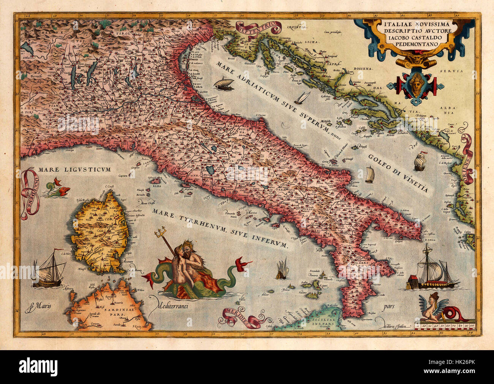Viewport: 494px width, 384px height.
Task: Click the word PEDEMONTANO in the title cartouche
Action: pos(414,44)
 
